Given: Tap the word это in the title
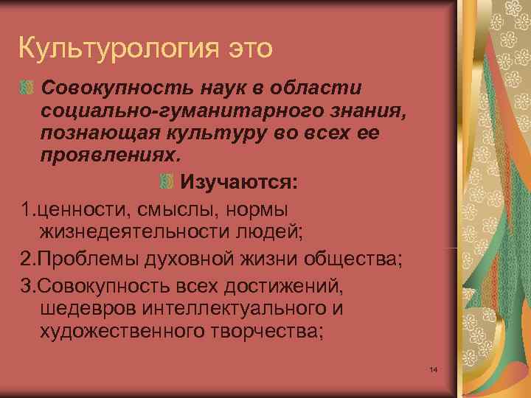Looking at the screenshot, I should (x=246, y=49).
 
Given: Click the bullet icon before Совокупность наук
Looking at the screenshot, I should (x=27, y=88).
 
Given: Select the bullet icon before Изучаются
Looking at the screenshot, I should (x=167, y=181).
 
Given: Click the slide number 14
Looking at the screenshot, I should (x=433, y=369).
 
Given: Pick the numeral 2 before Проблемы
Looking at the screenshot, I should (x=27, y=259).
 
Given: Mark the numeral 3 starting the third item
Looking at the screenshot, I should (x=27, y=284).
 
